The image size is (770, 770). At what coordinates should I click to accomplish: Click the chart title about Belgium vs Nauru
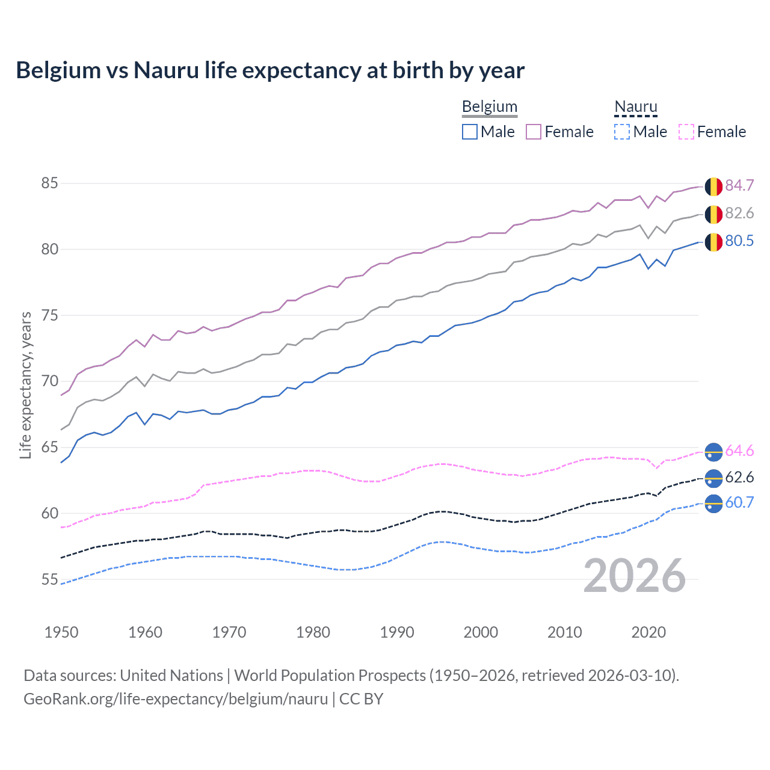click(270, 70)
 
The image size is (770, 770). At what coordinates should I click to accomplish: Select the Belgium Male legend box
click(470, 132)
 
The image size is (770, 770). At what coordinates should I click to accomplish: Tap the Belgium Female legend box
click(534, 132)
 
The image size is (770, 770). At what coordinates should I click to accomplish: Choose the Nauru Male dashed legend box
click(622, 132)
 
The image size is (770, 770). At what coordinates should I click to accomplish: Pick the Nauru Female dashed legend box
click(686, 132)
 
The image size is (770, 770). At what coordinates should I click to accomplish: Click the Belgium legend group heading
click(489, 107)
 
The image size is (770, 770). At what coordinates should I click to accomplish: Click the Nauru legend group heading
click(635, 107)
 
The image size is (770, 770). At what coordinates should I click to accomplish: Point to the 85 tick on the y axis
click(49, 183)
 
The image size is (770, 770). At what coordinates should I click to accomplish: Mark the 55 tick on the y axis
click(49, 579)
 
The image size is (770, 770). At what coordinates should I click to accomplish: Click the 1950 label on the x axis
click(61, 632)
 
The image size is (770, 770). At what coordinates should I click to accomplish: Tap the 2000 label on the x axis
click(480, 632)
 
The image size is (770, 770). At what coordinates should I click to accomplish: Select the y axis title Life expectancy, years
click(26, 385)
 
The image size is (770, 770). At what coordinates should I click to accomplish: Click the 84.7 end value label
click(739, 186)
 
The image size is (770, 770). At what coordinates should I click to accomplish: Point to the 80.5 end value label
click(739, 241)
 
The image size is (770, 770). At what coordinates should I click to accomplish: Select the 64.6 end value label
click(739, 451)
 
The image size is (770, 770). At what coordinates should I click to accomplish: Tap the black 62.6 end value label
click(739, 478)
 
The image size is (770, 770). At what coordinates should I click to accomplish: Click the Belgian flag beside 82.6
click(713, 214)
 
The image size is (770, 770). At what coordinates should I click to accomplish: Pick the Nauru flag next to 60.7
click(713, 504)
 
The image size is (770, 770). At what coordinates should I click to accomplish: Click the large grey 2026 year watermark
click(634, 576)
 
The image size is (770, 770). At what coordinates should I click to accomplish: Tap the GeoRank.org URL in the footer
click(176, 699)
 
